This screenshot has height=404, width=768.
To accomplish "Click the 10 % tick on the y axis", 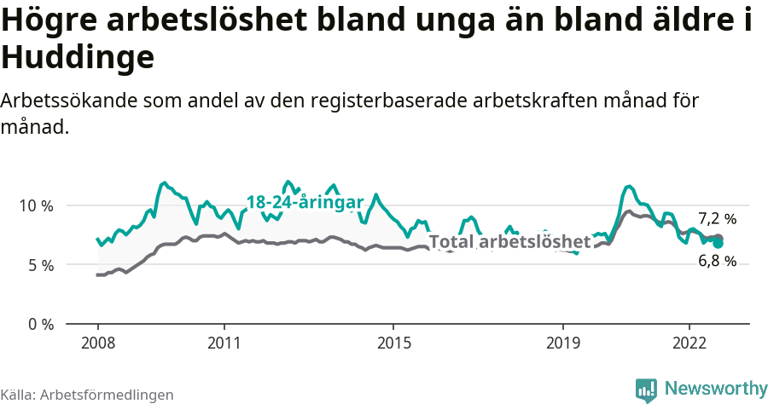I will pyautogui.click(x=37, y=205).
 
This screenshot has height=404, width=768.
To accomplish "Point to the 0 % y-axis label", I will pyautogui.click(x=40, y=325).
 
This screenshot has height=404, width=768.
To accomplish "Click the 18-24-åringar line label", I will pyautogui.click(x=305, y=202).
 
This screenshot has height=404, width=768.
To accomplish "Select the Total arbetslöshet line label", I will pyautogui.click(x=509, y=242).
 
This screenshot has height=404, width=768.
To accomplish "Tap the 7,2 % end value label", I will pyautogui.click(x=717, y=218).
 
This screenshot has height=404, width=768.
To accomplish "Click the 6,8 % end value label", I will pyautogui.click(x=717, y=262).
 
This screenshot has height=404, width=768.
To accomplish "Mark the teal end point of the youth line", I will pyautogui.click(x=719, y=243).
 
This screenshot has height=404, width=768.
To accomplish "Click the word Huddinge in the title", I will pyautogui.click(x=78, y=58).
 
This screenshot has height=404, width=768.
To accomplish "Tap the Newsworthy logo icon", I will pyautogui.click(x=646, y=390).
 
